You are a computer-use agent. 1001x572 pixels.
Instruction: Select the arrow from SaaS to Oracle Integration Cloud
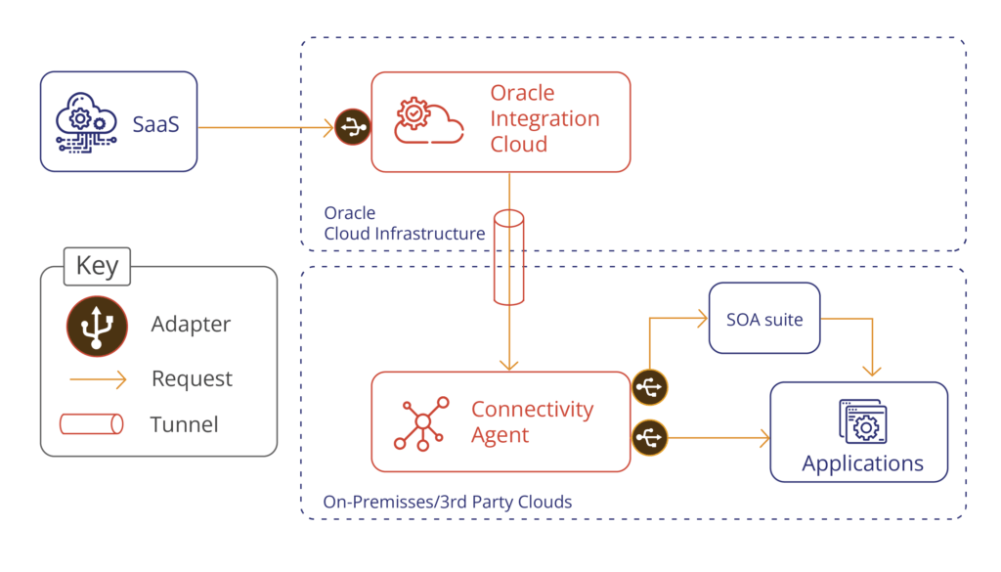pos(264,126)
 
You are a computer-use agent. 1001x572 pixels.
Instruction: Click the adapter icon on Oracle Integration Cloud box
pos(353,127)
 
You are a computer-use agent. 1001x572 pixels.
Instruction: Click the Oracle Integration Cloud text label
pos(544,118)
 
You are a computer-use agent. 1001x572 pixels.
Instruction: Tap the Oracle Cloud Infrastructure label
pos(404,224)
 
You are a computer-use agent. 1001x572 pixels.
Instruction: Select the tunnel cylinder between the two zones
pos(509,257)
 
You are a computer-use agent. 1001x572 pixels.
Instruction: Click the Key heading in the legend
pos(97,266)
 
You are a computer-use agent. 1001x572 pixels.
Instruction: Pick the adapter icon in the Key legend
pos(95,324)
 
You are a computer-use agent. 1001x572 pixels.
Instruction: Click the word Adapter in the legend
pos(192,324)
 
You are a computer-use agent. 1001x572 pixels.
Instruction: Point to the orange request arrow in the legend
pos(95,379)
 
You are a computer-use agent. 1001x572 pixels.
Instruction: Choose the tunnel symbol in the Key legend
pos(93,424)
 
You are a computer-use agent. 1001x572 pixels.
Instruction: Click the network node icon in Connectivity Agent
pos(421,422)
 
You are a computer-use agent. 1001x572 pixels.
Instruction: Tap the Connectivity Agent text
pos(532,421)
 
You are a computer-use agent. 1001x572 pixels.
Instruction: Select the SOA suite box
pos(763,320)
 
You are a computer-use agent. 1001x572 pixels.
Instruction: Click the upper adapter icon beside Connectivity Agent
pos(649,387)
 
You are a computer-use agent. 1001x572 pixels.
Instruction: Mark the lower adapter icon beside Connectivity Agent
pos(649,438)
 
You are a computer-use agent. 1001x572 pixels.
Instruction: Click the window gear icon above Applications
pos(861,422)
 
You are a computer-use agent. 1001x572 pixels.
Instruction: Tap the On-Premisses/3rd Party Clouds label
pos(447,503)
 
